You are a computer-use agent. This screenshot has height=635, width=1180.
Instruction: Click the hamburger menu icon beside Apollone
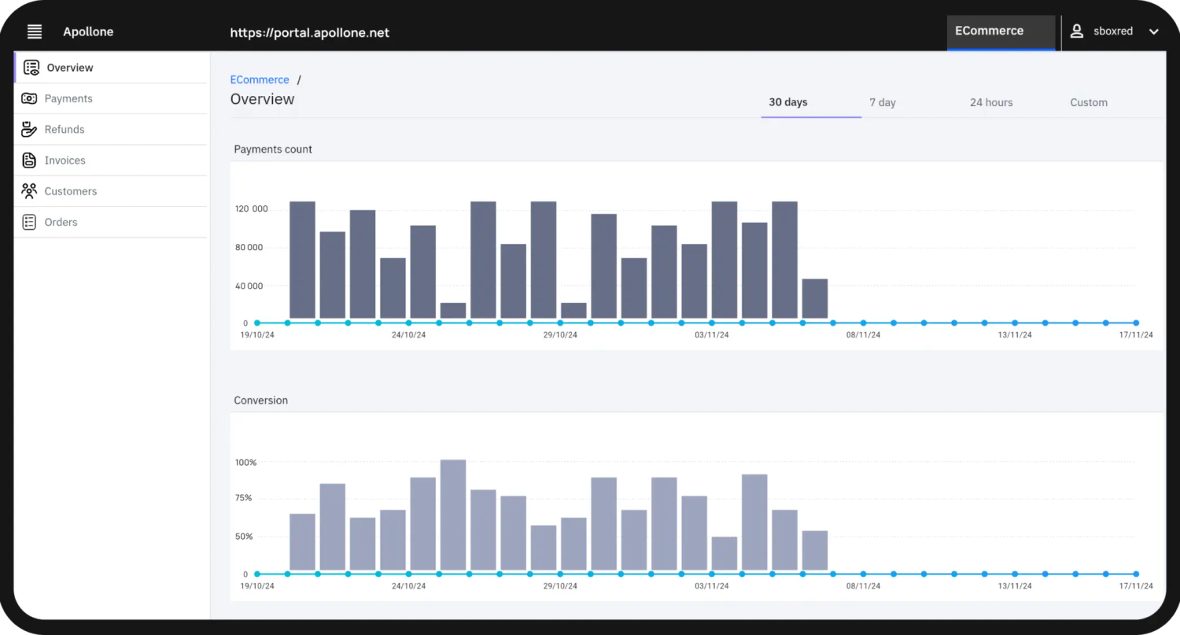pos(35,32)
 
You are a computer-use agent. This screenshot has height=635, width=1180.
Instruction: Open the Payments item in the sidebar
pos(68,98)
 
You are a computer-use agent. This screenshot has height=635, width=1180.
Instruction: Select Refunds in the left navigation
pos(64,129)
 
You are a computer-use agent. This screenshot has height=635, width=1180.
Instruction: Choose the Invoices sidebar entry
pos(65,161)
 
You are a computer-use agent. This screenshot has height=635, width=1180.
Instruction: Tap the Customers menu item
pos(70,191)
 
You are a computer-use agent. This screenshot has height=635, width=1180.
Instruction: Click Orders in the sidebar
pos(61,222)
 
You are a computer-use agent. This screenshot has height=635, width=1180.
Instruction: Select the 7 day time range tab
pos(882,102)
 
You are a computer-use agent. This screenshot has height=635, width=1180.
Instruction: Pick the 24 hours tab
pos(990,102)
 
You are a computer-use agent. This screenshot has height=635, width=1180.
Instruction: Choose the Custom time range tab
pos(1088,102)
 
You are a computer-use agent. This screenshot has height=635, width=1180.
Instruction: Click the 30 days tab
pos(787,102)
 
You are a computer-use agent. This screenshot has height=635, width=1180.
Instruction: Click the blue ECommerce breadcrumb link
pos(260,79)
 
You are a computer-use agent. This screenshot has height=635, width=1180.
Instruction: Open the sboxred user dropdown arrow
pos(1153,32)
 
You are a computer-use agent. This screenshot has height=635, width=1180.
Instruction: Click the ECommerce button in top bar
pos(989,31)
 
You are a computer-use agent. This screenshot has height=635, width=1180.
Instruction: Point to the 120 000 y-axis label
pos(251,209)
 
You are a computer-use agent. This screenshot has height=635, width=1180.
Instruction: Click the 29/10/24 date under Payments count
pos(560,335)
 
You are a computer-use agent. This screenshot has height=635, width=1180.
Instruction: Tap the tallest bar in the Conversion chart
pos(453,515)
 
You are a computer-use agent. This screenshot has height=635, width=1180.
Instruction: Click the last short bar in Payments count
pos(814,299)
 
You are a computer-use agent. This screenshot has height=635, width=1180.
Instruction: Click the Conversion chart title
pos(260,401)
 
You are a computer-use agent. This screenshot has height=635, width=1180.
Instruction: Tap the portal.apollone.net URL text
pos(309,33)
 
